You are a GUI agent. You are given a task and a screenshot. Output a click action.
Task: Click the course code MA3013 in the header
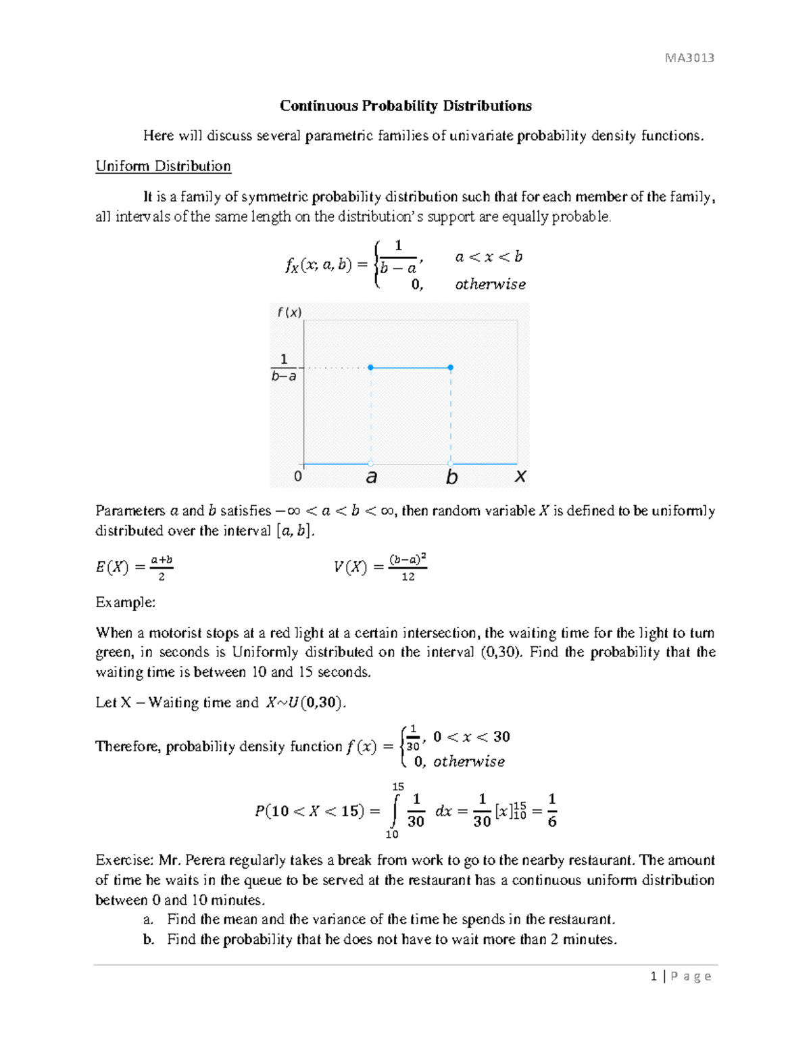(x=689, y=58)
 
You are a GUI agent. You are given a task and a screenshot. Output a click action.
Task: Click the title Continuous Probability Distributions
(x=405, y=106)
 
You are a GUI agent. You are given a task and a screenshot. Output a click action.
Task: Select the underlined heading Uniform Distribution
(x=163, y=166)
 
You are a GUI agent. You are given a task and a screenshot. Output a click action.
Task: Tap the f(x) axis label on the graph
(x=289, y=312)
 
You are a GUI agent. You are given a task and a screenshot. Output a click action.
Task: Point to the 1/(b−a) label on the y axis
(x=284, y=368)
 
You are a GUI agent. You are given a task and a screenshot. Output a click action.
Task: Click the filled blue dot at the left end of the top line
(x=370, y=368)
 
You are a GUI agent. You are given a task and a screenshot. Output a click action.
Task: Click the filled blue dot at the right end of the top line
(x=451, y=368)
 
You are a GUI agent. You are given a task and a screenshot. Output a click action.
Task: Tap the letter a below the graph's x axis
(x=371, y=477)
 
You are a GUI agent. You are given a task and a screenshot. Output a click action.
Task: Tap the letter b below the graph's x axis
(x=451, y=477)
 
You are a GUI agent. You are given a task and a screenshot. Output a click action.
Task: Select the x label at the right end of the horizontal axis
(x=520, y=476)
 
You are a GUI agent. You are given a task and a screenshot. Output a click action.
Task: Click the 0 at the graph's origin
(x=297, y=477)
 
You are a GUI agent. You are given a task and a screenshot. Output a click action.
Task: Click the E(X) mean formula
(x=134, y=567)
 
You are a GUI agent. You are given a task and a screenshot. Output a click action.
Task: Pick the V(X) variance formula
(x=380, y=567)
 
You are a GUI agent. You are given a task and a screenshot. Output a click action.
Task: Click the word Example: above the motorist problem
(x=125, y=602)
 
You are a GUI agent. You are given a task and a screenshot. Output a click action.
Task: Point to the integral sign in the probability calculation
(x=395, y=811)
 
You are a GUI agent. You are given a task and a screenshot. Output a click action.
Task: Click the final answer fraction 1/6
(x=551, y=811)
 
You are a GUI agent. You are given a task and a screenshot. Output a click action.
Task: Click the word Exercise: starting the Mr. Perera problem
(x=125, y=861)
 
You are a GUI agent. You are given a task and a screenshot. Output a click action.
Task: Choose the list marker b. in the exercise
(x=149, y=940)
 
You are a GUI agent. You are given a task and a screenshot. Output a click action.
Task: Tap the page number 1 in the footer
(x=654, y=976)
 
